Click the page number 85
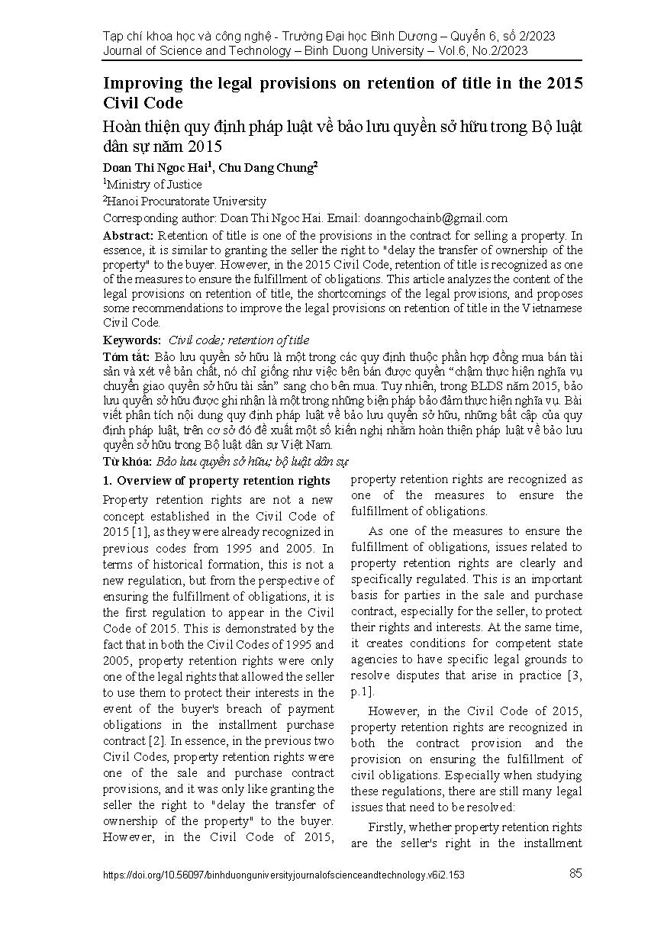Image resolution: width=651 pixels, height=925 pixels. click(x=575, y=874)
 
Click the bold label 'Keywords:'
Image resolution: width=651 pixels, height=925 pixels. click(x=132, y=340)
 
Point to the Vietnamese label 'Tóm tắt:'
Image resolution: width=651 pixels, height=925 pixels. click(x=126, y=357)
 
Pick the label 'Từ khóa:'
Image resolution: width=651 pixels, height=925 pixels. click(x=127, y=462)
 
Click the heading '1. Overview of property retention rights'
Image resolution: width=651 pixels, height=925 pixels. click(x=216, y=481)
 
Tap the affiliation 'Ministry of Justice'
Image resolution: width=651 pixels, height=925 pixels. click(x=155, y=185)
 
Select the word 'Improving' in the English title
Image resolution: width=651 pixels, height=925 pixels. click(x=143, y=84)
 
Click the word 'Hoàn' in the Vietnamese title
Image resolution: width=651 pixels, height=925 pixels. click(x=121, y=127)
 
